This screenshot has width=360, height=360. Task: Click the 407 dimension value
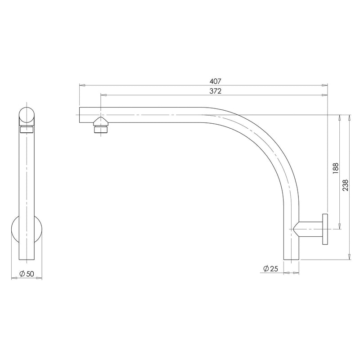tap(215, 81)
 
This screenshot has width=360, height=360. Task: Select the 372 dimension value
tap(215, 91)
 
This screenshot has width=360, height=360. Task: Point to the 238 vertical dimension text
tap(345, 186)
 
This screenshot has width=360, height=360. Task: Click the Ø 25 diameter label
tap(270, 269)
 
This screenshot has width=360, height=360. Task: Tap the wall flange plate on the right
tap(325, 228)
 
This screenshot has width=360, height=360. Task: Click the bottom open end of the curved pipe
tap(291, 259)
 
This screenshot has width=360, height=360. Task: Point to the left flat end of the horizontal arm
tap(80, 115)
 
